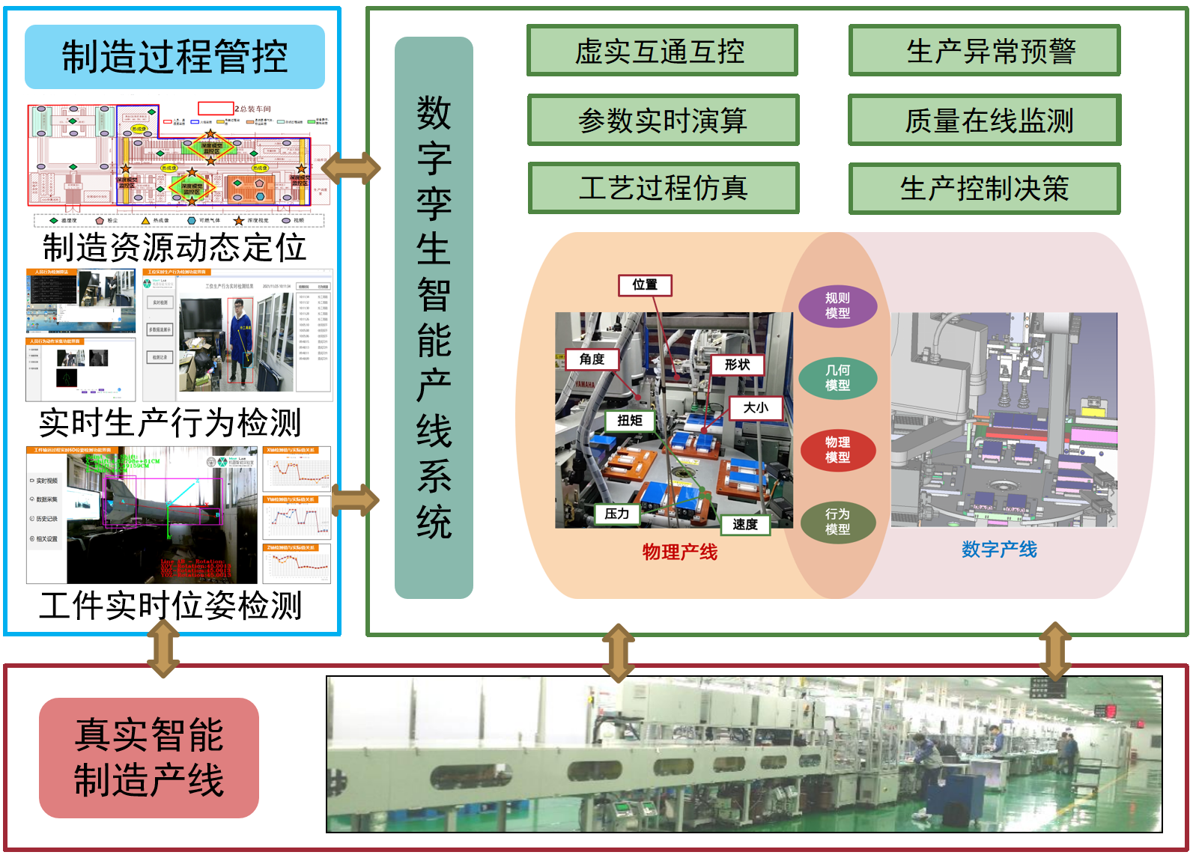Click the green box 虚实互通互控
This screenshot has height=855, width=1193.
[x=662, y=51]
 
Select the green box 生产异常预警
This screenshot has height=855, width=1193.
[x=984, y=51]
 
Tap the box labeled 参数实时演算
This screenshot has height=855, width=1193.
[x=663, y=120]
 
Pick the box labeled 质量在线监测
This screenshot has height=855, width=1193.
[x=984, y=120]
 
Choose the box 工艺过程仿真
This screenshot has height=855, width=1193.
[x=663, y=188]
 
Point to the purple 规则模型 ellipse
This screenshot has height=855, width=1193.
[x=837, y=305]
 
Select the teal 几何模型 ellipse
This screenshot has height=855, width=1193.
[x=837, y=377]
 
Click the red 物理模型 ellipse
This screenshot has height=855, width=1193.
[x=837, y=449]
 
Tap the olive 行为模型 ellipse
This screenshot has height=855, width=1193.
[x=837, y=521]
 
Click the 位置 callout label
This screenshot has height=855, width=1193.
[x=645, y=285]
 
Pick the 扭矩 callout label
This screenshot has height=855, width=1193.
[x=629, y=421]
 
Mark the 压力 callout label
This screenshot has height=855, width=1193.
[x=617, y=514]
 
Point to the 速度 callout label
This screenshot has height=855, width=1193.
[x=744, y=524]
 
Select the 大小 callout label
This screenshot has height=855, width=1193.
[x=755, y=407]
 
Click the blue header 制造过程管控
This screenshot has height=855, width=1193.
[x=174, y=57]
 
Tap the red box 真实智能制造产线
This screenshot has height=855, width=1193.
[x=149, y=758]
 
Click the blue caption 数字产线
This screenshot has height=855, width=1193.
[x=999, y=550]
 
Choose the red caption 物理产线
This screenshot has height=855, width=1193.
[x=679, y=552]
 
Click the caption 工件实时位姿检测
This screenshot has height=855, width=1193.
[x=171, y=605]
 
